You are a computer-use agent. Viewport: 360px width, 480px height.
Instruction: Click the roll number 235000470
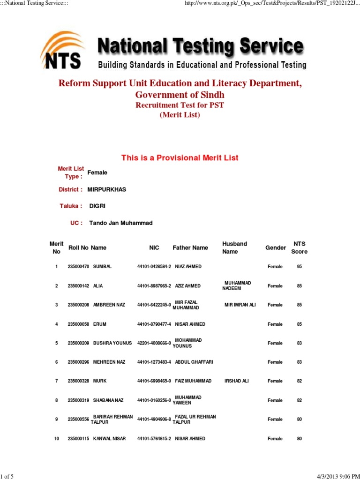pyautogui.click(x=78, y=267)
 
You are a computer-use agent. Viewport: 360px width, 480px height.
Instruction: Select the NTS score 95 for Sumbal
pyautogui.click(x=299, y=267)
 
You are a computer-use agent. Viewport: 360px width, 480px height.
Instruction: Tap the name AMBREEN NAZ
pyautogui.click(x=109, y=305)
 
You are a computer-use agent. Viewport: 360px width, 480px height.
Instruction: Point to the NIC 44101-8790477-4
pyautogui.click(x=154, y=324)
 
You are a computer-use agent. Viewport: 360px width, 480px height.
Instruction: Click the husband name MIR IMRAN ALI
pyautogui.click(x=240, y=305)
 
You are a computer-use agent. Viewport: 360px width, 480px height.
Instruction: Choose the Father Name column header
pyautogui.click(x=190, y=247)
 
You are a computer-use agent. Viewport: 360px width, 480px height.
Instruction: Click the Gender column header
pyautogui.click(x=276, y=247)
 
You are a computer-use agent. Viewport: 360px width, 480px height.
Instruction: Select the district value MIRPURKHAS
pyautogui.click(x=107, y=189)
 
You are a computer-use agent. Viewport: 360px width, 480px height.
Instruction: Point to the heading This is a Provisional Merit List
pyautogui.click(x=180, y=158)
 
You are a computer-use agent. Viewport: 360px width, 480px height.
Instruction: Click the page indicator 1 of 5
pyautogui.click(x=7, y=476)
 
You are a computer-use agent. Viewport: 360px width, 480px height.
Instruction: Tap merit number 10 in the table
pyautogui.click(x=57, y=439)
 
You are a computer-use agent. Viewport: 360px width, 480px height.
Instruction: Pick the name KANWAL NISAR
pyautogui.click(x=110, y=439)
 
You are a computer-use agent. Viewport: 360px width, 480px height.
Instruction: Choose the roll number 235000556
pyautogui.click(x=78, y=420)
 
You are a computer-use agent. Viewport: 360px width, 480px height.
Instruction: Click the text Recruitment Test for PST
pyautogui.click(x=180, y=105)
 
